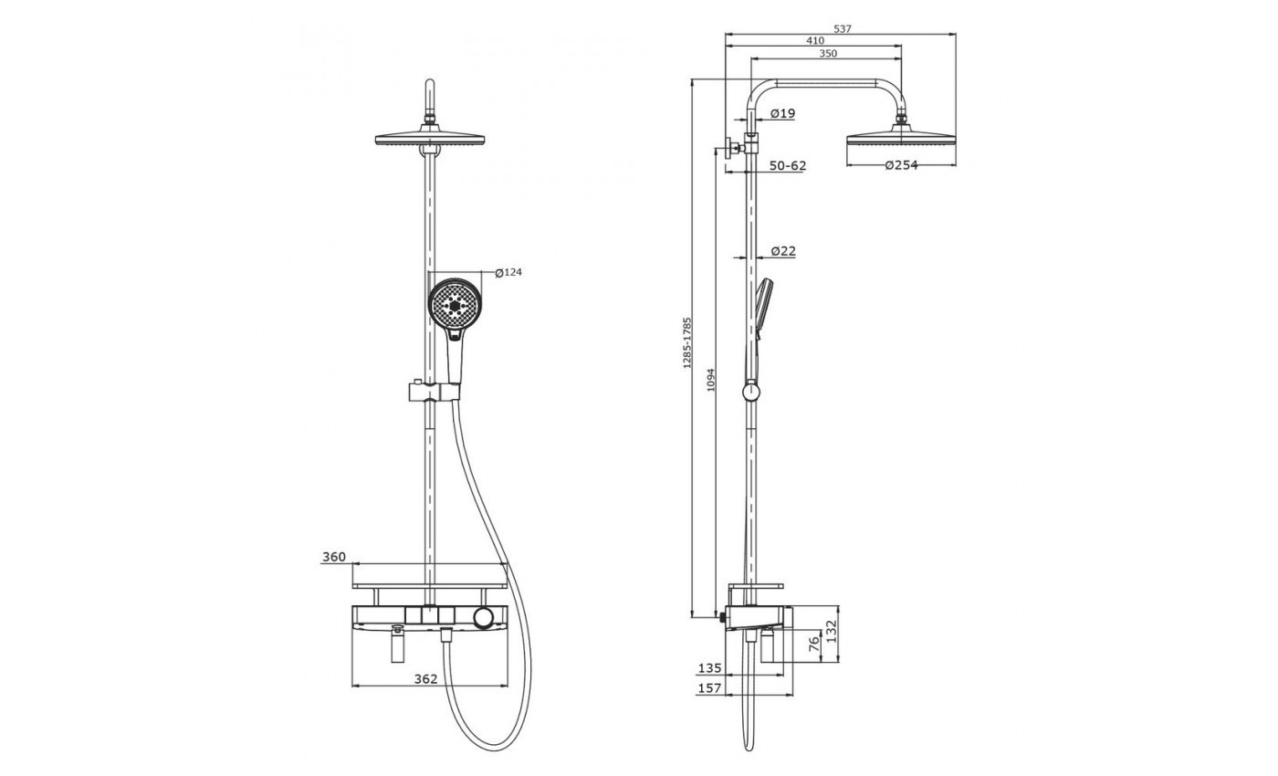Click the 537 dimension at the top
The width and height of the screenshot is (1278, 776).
[x=842, y=28]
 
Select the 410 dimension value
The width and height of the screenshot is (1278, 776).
[x=814, y=40]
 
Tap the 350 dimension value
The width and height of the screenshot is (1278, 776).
[x=828, y=53]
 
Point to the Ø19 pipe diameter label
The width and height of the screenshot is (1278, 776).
[x=783, y=113]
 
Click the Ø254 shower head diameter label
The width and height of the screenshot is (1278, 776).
[x=902, y=165]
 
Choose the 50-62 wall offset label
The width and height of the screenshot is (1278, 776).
[x=788, y=165]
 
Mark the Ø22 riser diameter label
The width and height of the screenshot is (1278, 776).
[x=783, y=250]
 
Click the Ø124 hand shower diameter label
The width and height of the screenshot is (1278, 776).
[x=508, y=272]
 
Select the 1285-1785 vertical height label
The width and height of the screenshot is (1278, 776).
[x=687, y=343]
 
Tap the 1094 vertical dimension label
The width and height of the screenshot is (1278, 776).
[x=711, y=380]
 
